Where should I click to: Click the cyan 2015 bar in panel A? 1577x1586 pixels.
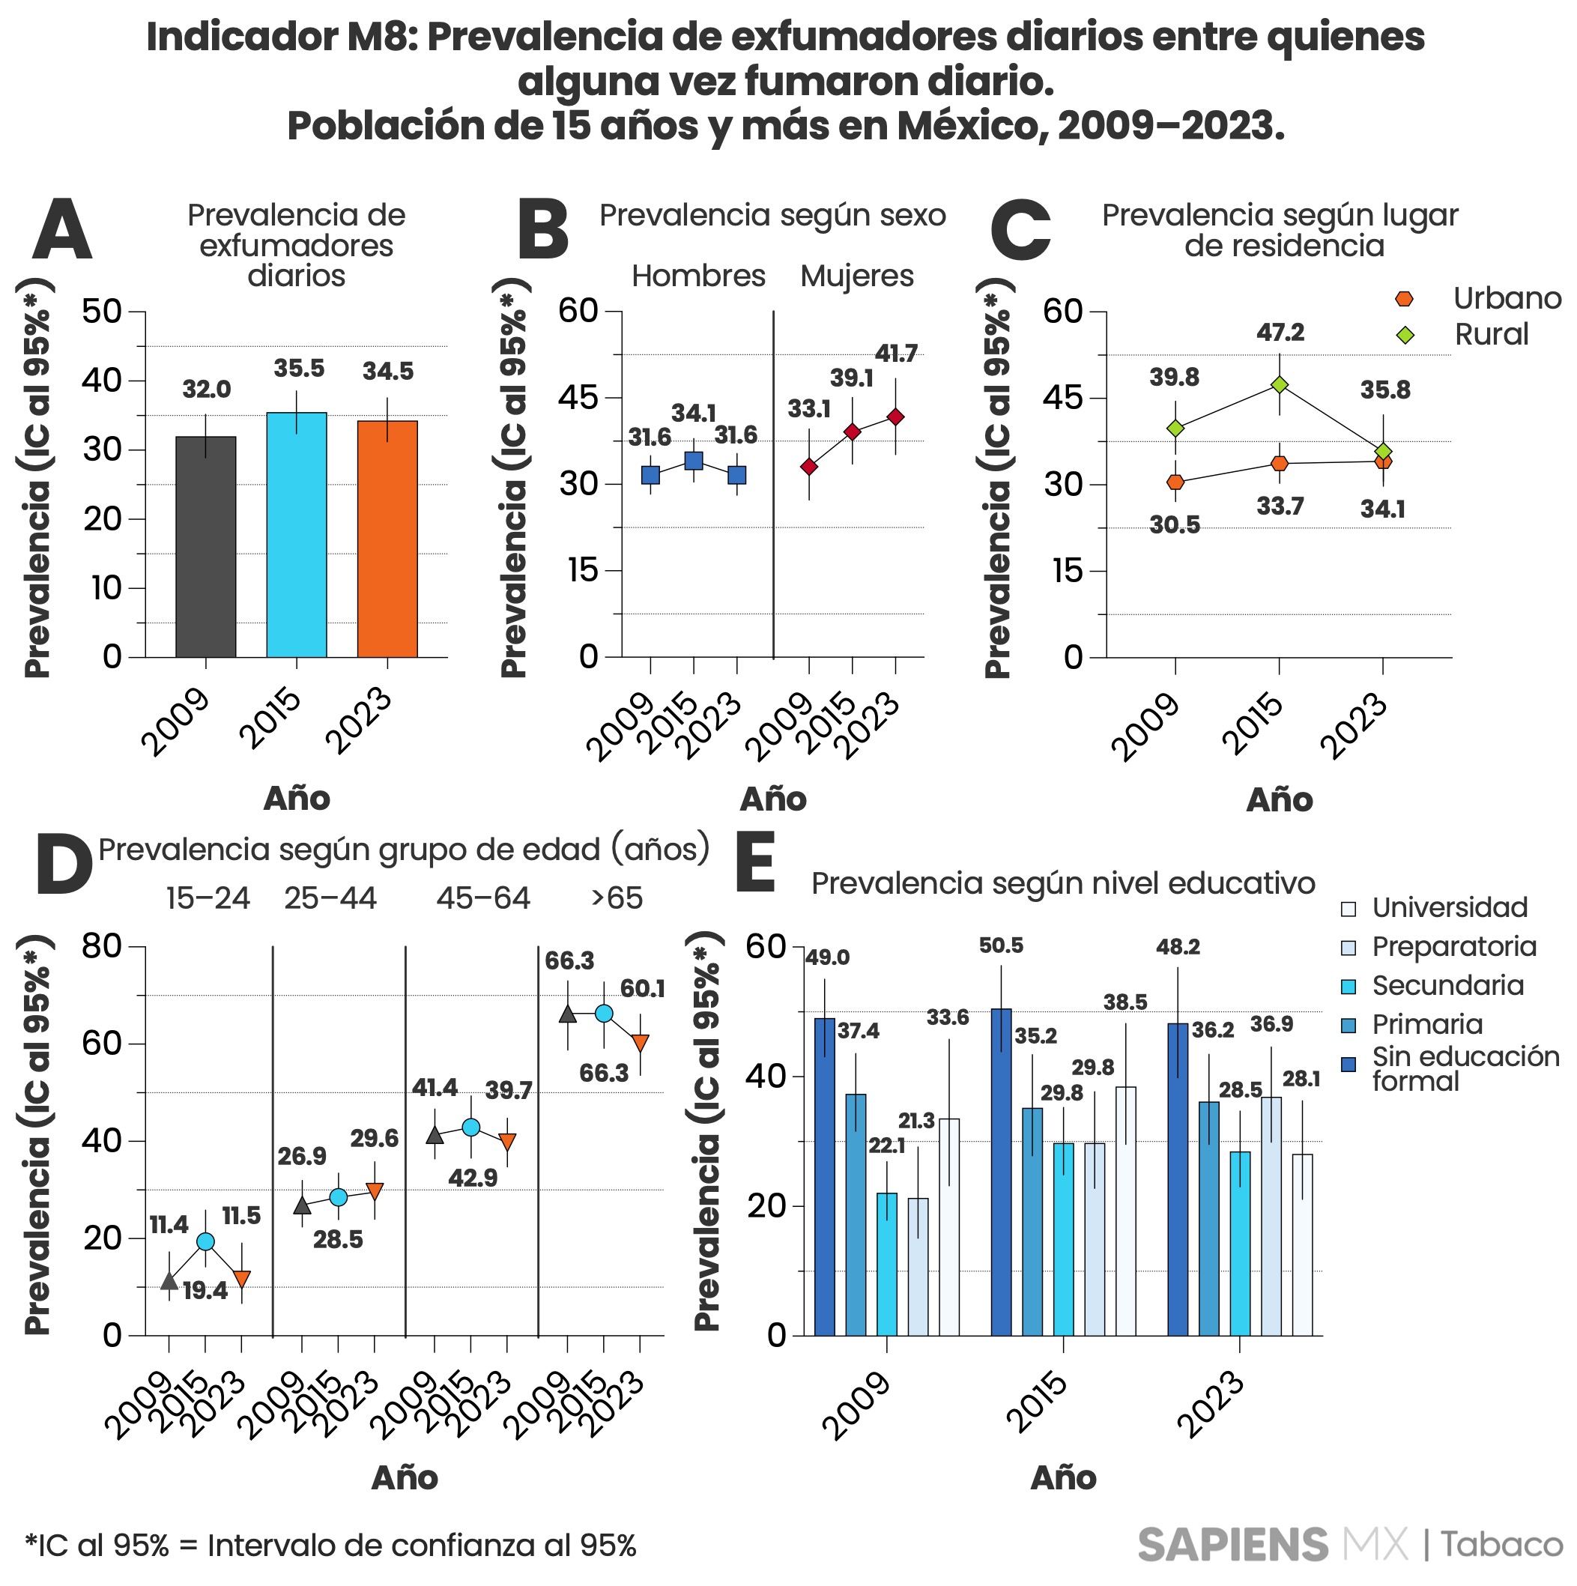297,535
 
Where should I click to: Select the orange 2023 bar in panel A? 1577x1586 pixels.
387,539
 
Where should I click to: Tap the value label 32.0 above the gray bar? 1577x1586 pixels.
206,390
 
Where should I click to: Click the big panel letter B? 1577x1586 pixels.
542,231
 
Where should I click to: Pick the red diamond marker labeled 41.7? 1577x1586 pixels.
895,417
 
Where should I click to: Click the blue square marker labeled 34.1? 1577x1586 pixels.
694,461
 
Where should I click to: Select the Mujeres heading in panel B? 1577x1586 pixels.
856,276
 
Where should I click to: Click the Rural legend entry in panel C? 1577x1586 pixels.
1490,335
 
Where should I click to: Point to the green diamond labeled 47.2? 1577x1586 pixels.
1279,385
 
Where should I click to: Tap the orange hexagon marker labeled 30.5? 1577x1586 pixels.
1175,482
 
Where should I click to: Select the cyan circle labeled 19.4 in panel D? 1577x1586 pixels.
205,1242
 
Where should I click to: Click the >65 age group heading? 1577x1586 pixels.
617,899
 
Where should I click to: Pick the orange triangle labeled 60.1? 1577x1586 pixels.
641,1042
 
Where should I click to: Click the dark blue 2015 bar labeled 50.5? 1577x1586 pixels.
1002,1173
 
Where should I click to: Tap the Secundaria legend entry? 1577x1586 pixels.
1447,986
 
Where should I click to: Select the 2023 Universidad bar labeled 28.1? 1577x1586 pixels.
1303,1245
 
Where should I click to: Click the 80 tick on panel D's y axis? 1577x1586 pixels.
102,946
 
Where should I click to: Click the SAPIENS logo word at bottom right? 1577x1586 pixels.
1232,1546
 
